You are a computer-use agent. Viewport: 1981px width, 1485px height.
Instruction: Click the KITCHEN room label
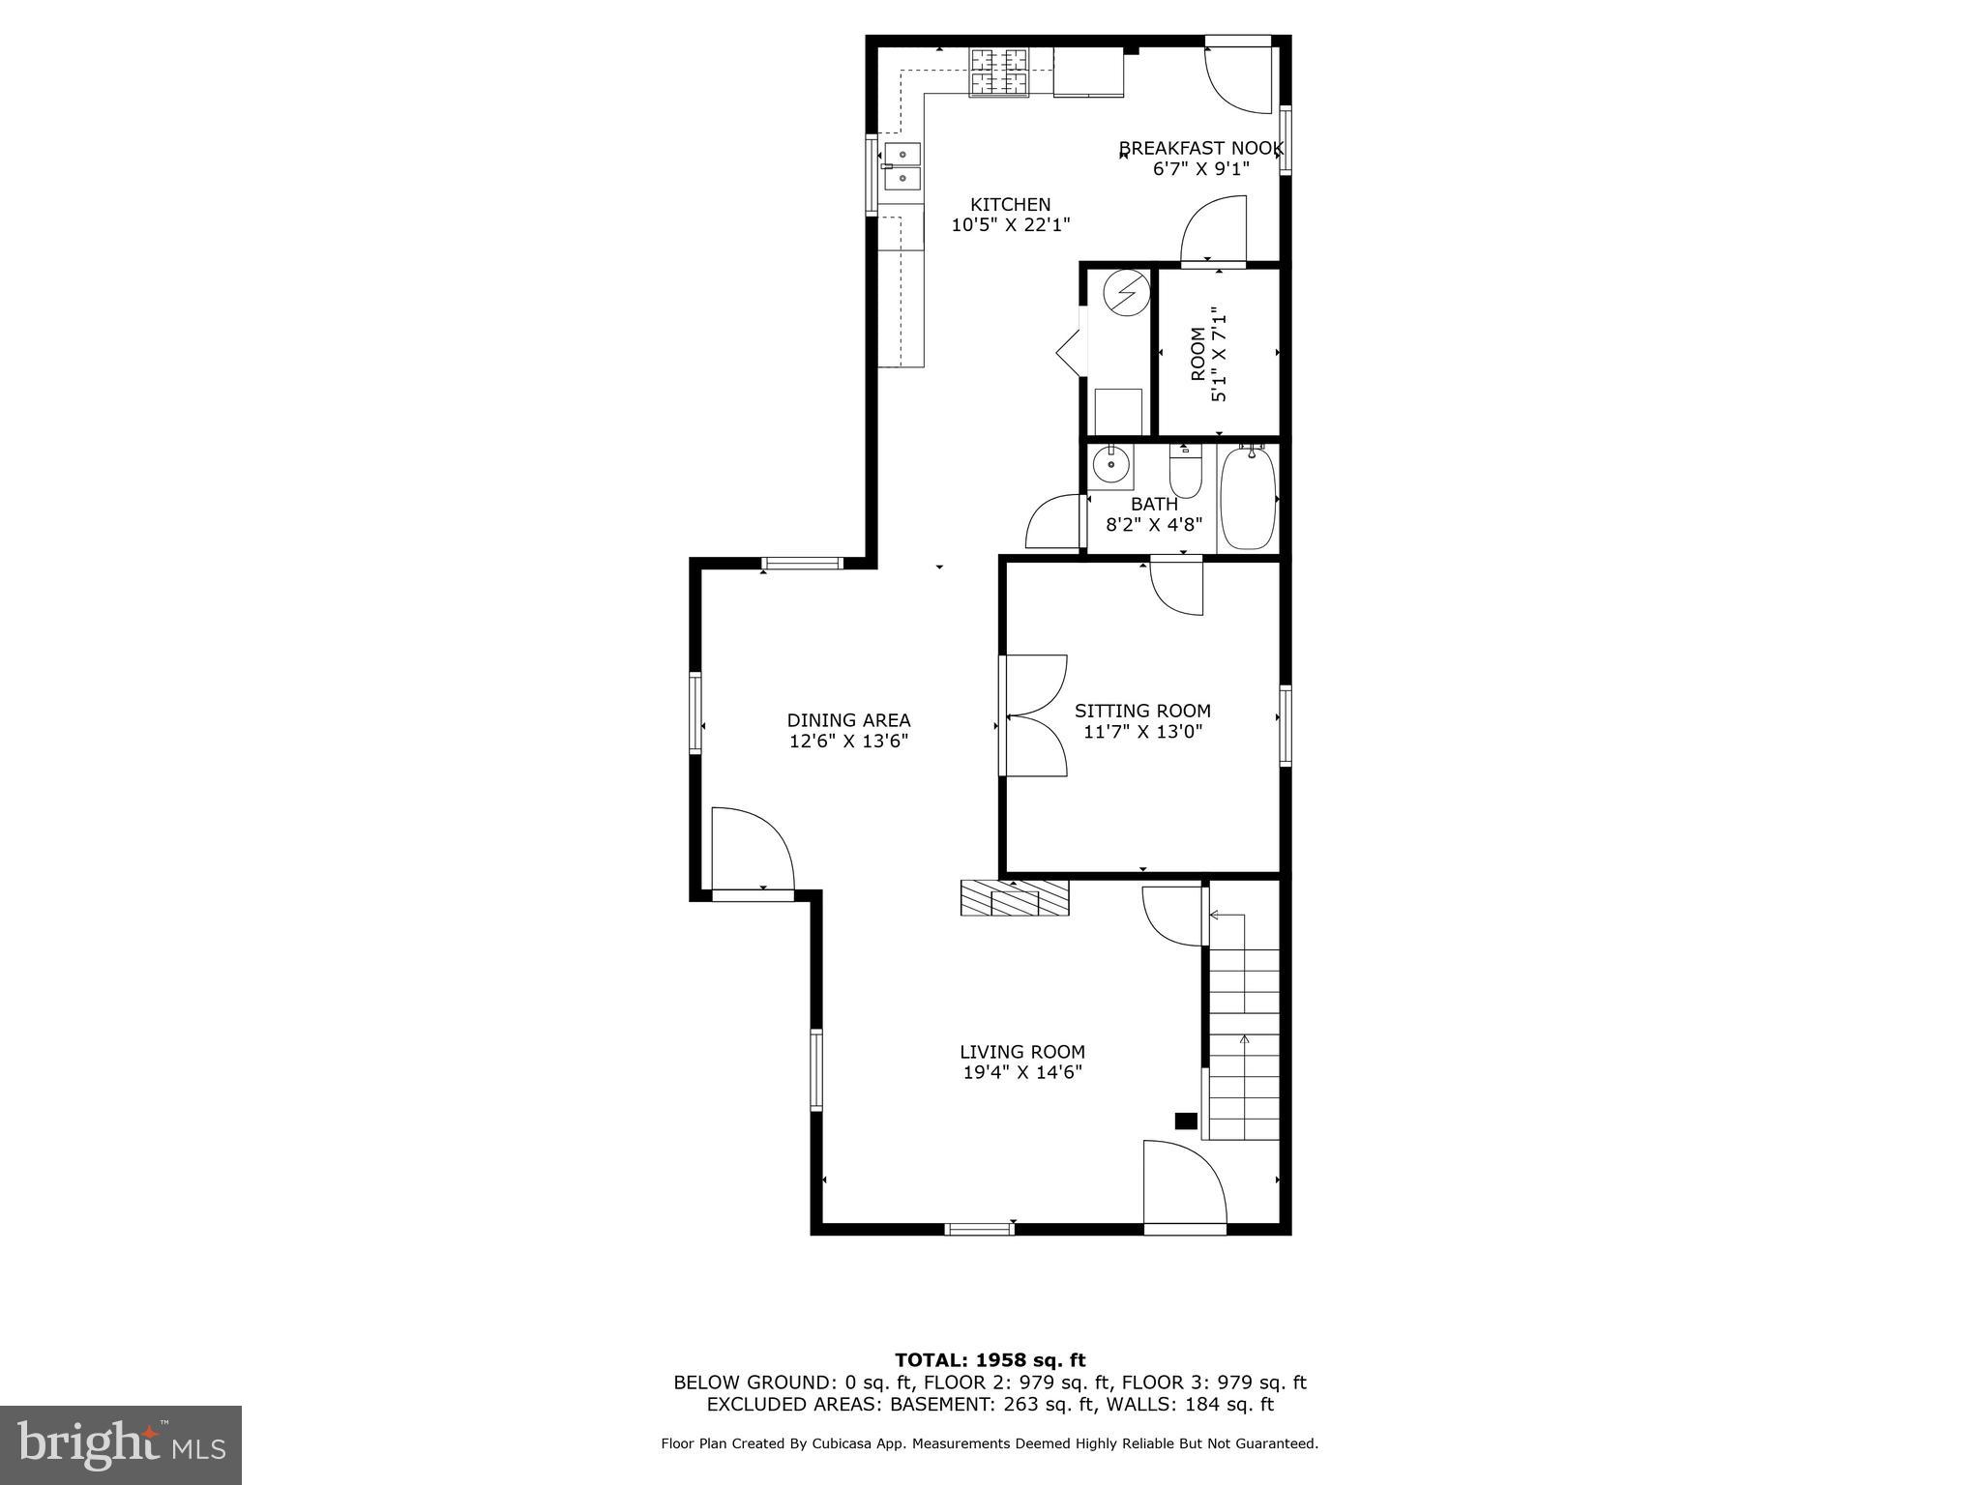[x=1010, y=205]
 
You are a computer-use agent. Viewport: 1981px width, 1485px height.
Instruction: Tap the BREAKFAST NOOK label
[x=1200, y=149]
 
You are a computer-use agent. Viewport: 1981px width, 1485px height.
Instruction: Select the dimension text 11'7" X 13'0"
[x=1142, y=732]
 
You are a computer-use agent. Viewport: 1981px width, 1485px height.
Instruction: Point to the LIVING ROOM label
[x=1022, y=1052]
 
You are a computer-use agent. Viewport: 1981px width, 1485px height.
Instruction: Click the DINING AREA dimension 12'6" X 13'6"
[x=848, y=742]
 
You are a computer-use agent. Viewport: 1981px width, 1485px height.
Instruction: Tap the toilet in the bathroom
[x=1185, y=473]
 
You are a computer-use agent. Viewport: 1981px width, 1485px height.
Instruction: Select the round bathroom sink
[x=1110, y=466]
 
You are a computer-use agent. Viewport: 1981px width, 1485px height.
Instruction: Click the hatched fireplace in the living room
[x=1014, y=898]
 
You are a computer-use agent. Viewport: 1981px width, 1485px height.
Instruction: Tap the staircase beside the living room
[x=1244, y=1034]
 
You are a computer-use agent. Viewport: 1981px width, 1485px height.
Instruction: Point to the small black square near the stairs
[x=1185, y=1121]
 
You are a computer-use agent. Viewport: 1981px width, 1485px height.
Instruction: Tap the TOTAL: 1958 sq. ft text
[x=990, y=1361]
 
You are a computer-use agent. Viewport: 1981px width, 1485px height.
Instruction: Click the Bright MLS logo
[x=121, y=1444]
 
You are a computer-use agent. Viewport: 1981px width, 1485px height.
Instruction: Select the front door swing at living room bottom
[x=1182, y=1186]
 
